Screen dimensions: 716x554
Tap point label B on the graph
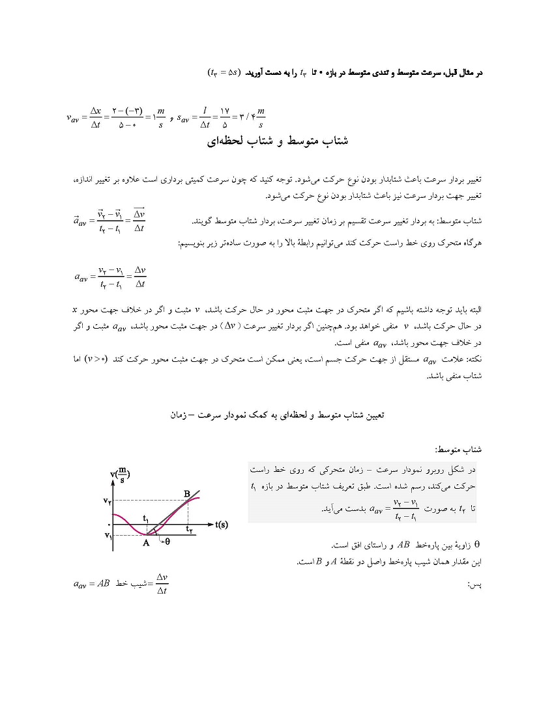click(x=187, y=494)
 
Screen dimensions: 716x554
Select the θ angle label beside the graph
click(x=167, y=541)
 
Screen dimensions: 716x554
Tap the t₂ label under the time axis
click(x=189, y=530)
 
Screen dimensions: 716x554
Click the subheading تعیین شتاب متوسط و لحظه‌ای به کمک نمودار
click(x=277, y=413)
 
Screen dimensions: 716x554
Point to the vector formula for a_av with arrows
click(x=109, y=221)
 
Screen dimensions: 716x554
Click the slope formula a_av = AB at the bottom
click(x=121, y=583)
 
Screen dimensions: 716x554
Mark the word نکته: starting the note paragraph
click(x=471, y=359)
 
